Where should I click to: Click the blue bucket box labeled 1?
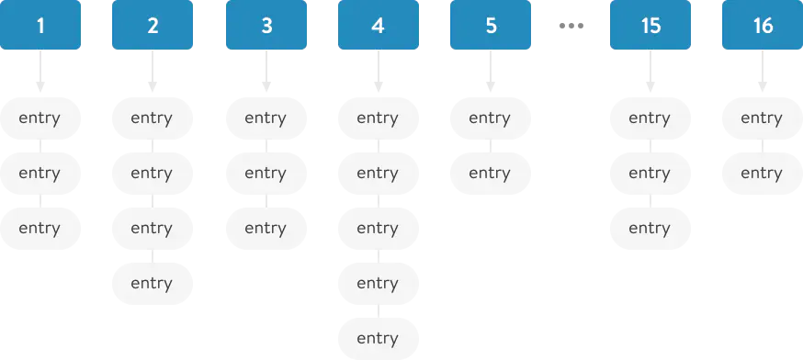pos(40,26)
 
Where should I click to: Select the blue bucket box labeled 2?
pos(153,26)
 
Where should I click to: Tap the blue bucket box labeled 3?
pos(266,26)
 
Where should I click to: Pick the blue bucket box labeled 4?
pos(378,26)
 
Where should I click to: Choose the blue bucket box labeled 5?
pos(491,26)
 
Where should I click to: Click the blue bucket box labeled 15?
pos(650,26)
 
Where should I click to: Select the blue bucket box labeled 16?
pos(763,26)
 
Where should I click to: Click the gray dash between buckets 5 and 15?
pos(572,26)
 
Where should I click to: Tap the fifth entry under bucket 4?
pos(378,338)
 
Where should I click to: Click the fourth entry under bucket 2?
pos(153,283)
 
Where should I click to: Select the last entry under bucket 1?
pos(40,228)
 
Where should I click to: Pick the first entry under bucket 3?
pos(266,118)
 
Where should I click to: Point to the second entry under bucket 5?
pos(491,173)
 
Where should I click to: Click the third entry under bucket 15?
pos(650,228)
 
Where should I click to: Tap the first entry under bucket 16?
pos(763,118)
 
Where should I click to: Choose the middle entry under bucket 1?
pos(40,173)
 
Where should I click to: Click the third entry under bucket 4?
pos(378,228)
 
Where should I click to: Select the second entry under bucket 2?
pos(153,173)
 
